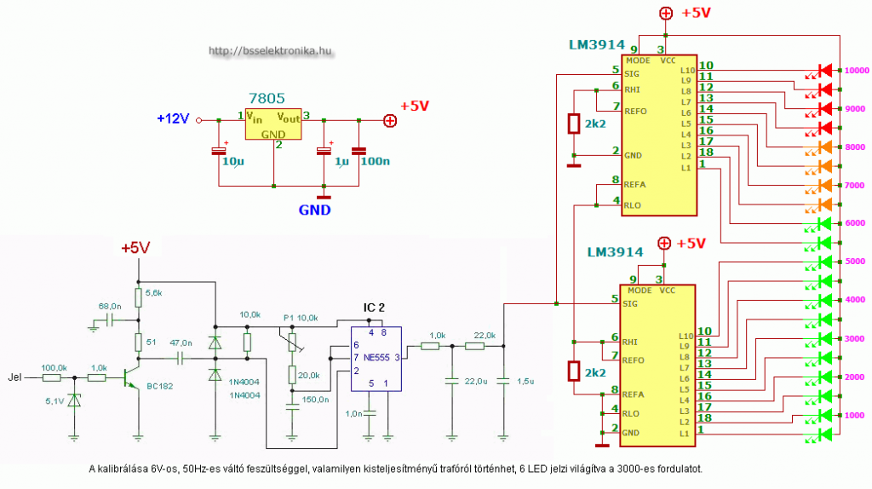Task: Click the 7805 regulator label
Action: tap(267, 99)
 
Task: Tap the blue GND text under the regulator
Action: tap(314, 210)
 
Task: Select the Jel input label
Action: tap(14, 376)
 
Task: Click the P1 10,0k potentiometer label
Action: tap(301, 317)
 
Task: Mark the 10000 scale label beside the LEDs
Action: tap(855, 71)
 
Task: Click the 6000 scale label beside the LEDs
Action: tap(854, 223)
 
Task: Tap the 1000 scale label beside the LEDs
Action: tap(854, 415)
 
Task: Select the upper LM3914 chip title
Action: tap(597, 44)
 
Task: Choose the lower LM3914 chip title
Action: tap(616, 253)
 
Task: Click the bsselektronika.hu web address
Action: tap(269, 51)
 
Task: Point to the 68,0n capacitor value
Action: tap(110, 305)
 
